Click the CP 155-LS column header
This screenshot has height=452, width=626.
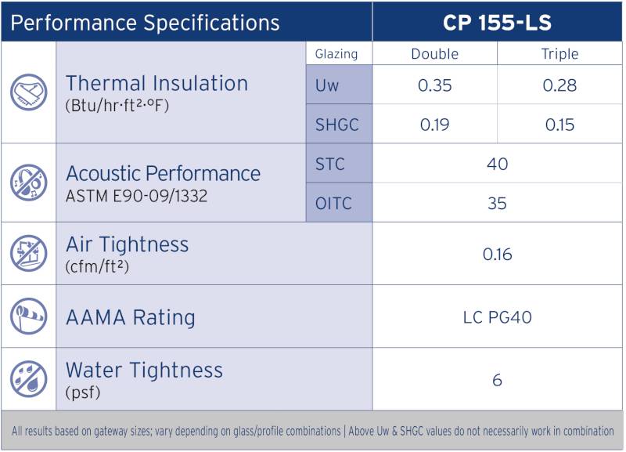(497, 22)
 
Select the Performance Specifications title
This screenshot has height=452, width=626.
(145, 23)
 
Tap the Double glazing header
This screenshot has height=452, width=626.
(435, 54)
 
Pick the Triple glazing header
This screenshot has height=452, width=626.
(560, 54)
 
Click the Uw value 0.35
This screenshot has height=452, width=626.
(435, 85)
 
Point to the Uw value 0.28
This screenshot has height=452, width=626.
(560, 85)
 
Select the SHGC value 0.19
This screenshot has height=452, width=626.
(435, 125)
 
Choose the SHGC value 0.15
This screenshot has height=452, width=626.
(560, 125)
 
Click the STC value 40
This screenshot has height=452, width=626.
(497, 164)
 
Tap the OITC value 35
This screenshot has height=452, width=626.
(497, 204)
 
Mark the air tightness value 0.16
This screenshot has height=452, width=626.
(497, 254)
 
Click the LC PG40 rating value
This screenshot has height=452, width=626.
(497, 317)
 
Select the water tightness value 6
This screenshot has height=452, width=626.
(497, 381)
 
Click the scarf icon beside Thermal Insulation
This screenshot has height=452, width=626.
(28, 92)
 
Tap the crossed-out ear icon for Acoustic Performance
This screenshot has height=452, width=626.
(28, 183)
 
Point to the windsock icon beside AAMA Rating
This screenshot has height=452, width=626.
(28, 316)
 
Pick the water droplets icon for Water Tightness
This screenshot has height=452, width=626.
(28, 379)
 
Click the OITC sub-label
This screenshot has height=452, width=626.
(333, 204)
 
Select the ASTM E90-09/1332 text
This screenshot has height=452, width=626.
(137, 196)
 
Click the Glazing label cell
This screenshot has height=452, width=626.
(336, 54)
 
